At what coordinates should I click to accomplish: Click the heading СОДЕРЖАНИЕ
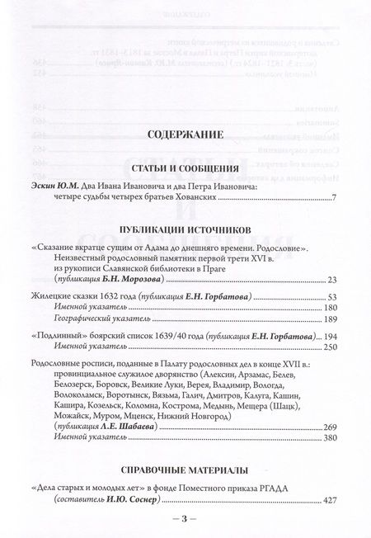tap(185, 133)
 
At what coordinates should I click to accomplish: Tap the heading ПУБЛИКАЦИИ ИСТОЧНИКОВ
tap(185, 227)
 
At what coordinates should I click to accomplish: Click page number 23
tap(332, 281)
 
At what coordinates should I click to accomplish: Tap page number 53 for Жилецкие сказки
tap(332, 296)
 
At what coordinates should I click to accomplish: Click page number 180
tap(330, 308)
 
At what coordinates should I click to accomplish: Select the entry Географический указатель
tap(96, 319)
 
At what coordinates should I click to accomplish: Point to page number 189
tap(330, 319)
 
